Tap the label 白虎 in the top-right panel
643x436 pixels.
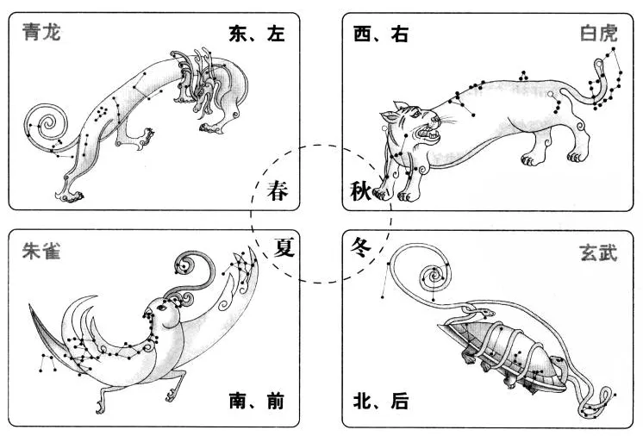click(600, 34)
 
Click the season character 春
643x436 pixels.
click(278, 191)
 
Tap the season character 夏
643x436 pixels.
click(284, 247)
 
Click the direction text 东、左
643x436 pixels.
click(256, 34)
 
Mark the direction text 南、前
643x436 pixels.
click(256, 401)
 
